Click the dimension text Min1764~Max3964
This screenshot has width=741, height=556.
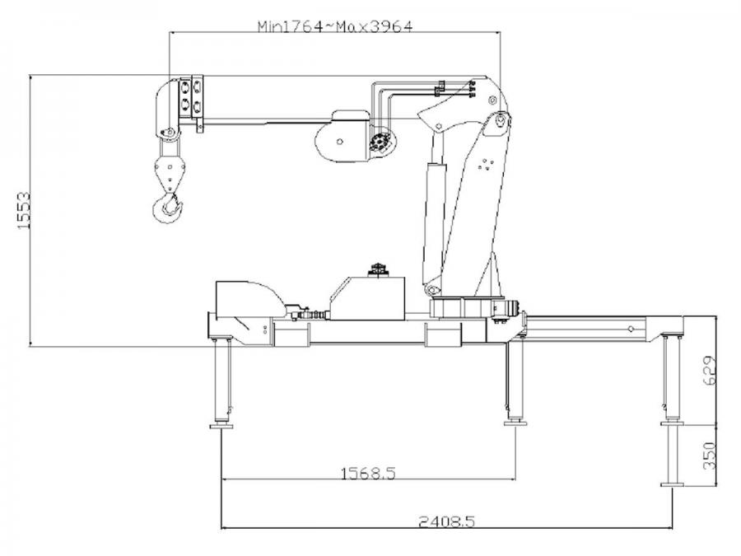[335, 26]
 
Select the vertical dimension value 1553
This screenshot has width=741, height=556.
[23, 210]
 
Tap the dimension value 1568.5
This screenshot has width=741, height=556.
[368, 472]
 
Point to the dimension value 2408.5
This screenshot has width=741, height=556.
[446, 521]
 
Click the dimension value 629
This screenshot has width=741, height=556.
[710, 371]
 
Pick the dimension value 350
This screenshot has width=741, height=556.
[710, 456]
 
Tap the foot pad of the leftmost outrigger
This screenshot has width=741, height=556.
[221, 426]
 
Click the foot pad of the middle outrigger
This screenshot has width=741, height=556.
[515, 423]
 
